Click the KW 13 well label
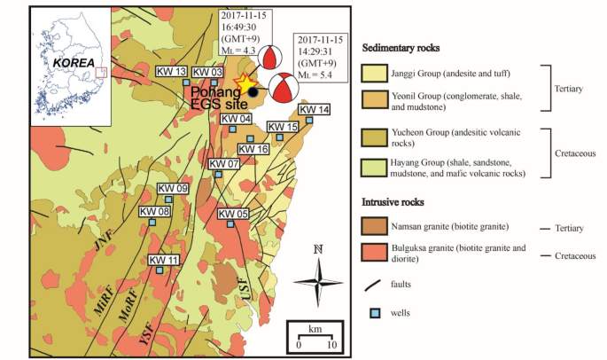click(170, 72)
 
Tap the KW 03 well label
click(207, 72)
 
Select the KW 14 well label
click(314, 110)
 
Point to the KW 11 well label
click(164, 260)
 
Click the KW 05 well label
click(233, 214)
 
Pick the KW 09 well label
click(173, 189)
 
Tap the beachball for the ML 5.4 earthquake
click(283, 89)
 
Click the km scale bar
click(315, 339)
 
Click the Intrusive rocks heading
click(400, 201)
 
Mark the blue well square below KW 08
click(152, 223)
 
